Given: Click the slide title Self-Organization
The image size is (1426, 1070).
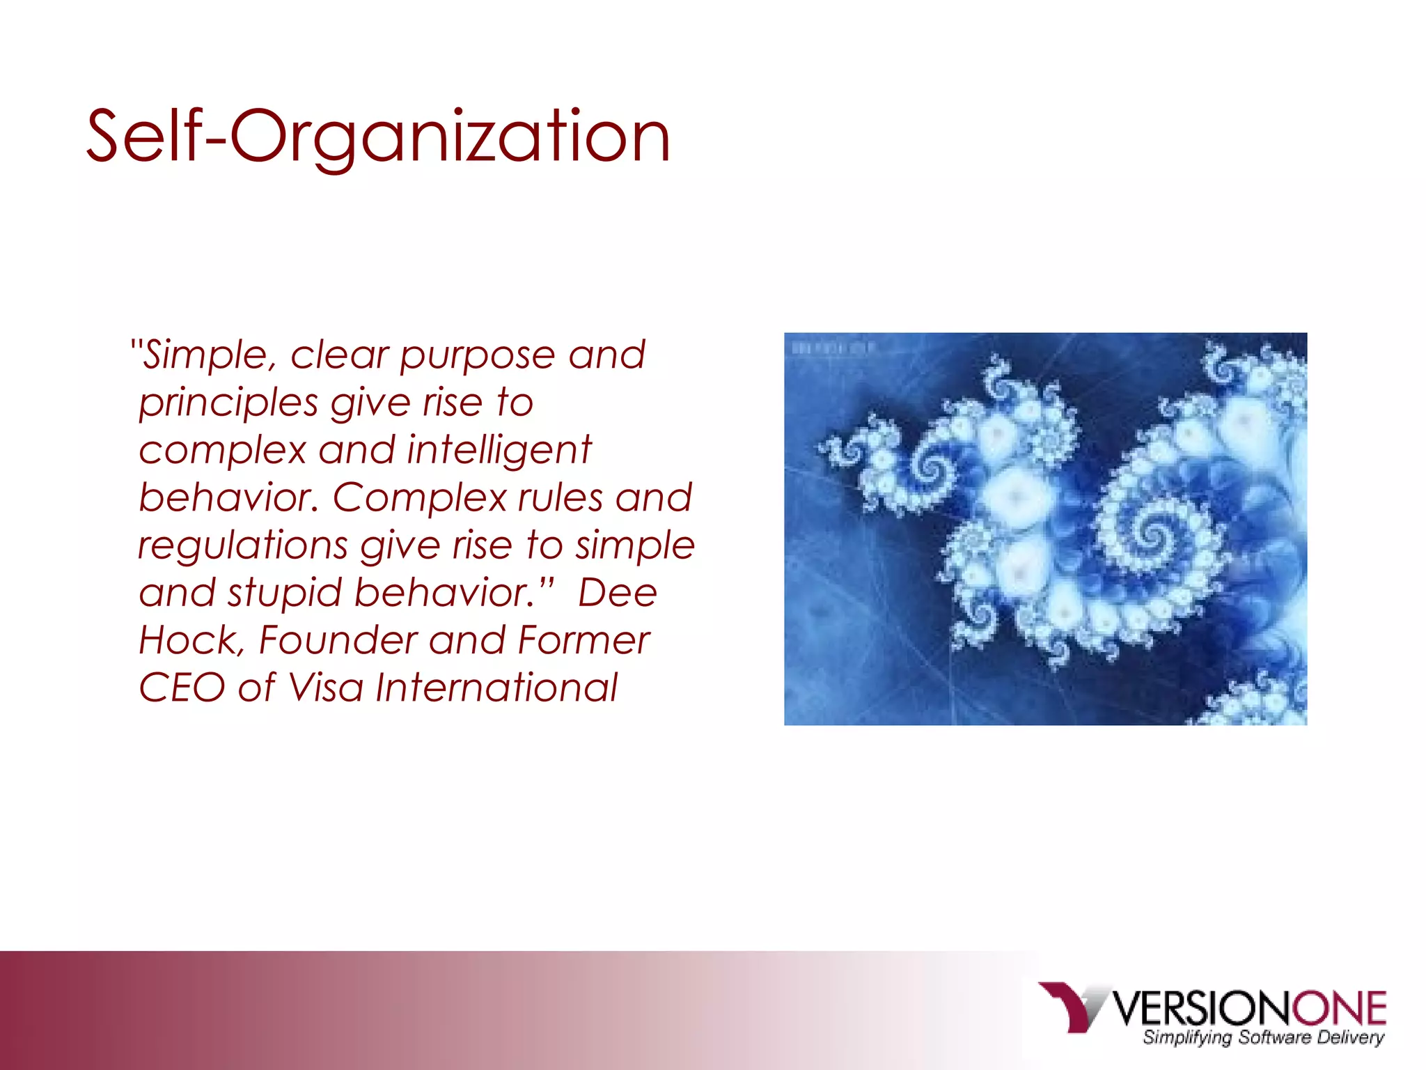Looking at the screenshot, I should (x=378, y=137).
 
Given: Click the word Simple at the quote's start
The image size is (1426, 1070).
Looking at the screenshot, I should (x=206, y=355).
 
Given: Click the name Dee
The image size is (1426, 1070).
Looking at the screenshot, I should (x=617, y=594).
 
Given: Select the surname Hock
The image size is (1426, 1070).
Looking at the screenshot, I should (x=187, y=640).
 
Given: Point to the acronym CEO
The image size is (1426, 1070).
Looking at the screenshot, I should (x=181, y=688).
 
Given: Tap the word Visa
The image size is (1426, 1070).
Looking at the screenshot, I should (x=325, y=688).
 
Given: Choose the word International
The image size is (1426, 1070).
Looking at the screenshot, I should (x=496, y=688).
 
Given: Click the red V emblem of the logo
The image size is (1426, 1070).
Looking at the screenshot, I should (x=1068, y=1006).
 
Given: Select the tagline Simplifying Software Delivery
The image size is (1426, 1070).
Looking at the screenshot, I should (x=1263, y=1038).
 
